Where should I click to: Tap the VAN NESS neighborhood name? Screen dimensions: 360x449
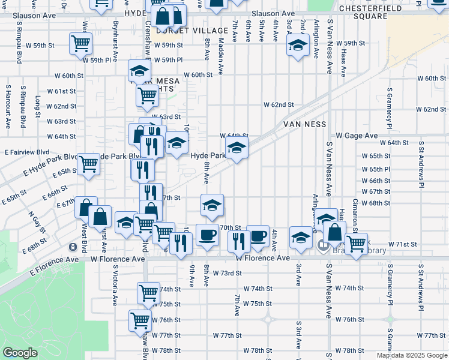click(x=305, y=124)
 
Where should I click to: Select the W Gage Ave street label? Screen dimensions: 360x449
click(x=357, y=136)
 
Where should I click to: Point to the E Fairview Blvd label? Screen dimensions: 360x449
click(x=28, y=152)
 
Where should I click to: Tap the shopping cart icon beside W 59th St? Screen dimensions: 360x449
click(x=80, y=44)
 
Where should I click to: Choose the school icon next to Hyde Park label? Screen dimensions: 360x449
click(x=237, y=148)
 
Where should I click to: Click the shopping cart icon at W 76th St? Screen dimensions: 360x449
click(x=140, y=320)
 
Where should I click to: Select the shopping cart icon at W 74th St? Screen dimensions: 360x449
click(x=148, y=293)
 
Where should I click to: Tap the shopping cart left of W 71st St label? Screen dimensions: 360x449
click(x=356, y=243)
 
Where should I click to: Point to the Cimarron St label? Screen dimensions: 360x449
click(x=355, y=215)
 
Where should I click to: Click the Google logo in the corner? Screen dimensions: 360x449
click(x=20, y=353)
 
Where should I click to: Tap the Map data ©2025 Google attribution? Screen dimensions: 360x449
click(x=412, y=355)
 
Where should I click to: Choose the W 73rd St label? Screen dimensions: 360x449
click(x=226, y=273)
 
